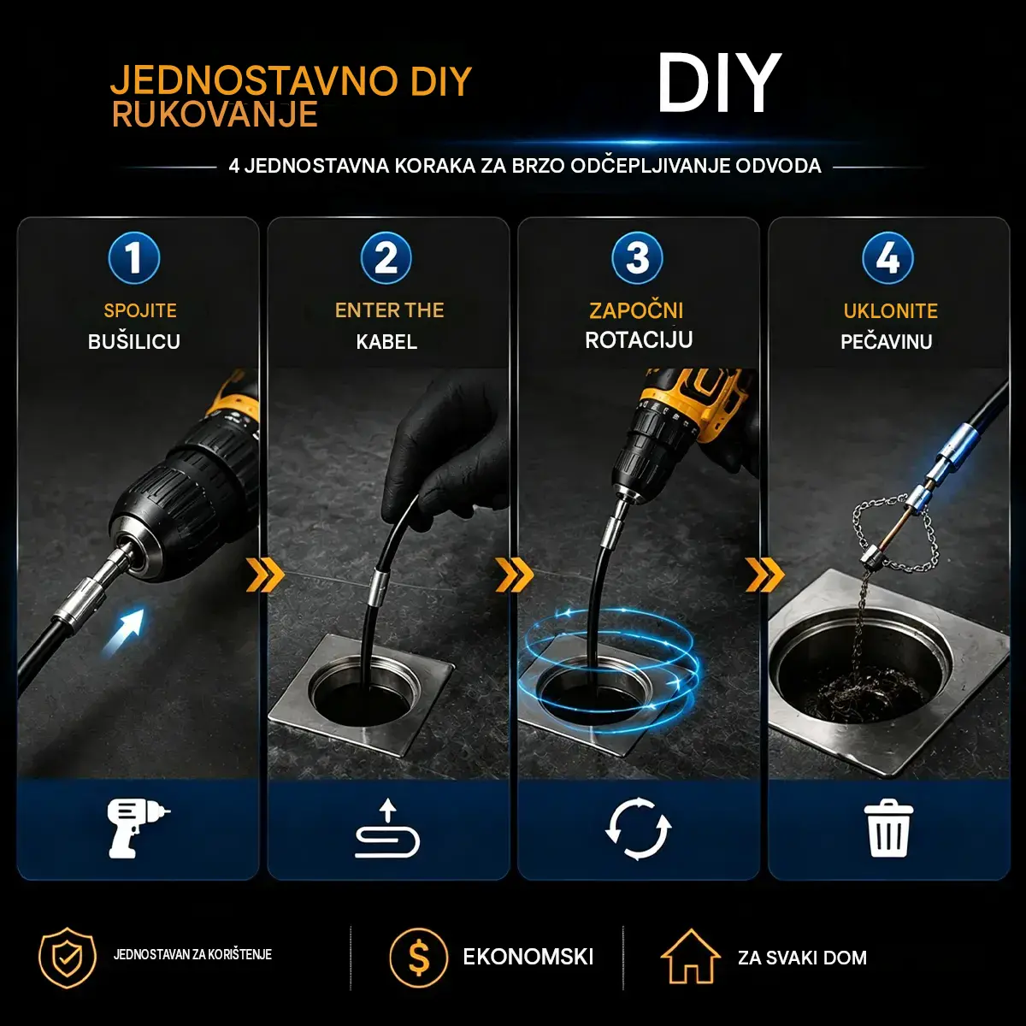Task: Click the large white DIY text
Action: pos(719,84)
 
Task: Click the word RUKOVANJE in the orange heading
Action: pos(215,115)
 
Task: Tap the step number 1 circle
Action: pos(133,258)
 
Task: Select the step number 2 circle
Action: pos(386,258)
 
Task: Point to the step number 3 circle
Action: pos(637,258)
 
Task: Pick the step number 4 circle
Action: pos(888,258)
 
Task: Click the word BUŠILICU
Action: pos(134,341)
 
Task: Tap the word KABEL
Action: pos(386,342)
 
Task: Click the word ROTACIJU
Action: pos(639,339)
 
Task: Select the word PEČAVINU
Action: pos(887,341)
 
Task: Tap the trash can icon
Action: pos(888,828)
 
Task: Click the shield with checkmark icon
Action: pos(68,957)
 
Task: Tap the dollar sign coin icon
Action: pos(418,958)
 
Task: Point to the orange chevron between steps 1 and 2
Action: pos(265,575)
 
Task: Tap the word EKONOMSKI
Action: pos(528,957)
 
